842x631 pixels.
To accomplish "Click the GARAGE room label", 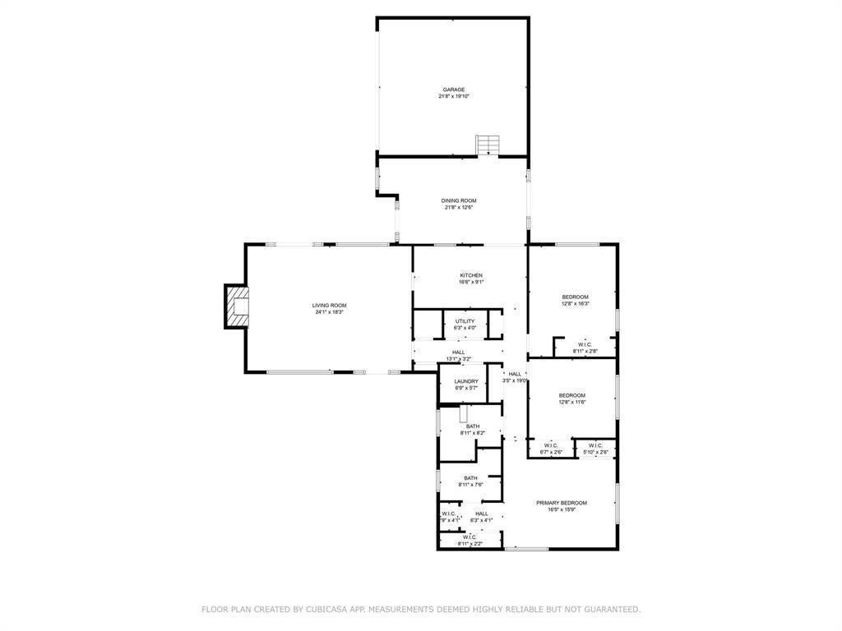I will point(454,90).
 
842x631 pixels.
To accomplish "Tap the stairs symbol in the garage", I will point(488,145).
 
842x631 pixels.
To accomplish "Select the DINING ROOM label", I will point(459,200).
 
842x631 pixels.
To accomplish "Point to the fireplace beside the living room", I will point(237,306).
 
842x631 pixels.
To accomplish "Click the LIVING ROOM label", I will point(329,306).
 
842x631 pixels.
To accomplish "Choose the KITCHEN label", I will point(471,275).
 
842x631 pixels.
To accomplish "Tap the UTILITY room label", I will point(465,321).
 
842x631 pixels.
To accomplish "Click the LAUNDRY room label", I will point(466,381).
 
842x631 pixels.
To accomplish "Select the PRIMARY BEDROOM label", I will point(562,503).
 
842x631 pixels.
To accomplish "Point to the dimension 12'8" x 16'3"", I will point(576,304).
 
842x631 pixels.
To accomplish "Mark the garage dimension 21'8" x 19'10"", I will point(454,97).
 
